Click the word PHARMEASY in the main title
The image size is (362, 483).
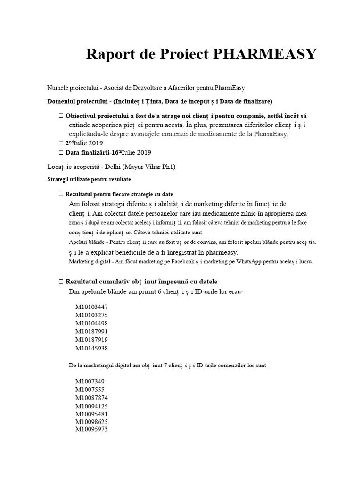265,55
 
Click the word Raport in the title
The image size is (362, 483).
109,55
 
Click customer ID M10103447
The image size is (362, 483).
91,307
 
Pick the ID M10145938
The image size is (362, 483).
91,348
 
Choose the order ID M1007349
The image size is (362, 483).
90,381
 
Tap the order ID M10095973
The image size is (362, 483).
91,429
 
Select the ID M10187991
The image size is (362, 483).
91,332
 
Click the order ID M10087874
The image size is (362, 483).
91,397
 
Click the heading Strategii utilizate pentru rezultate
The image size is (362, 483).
89,180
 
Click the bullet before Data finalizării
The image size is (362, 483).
61,152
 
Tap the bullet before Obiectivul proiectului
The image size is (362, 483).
61,116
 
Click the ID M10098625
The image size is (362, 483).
91,421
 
